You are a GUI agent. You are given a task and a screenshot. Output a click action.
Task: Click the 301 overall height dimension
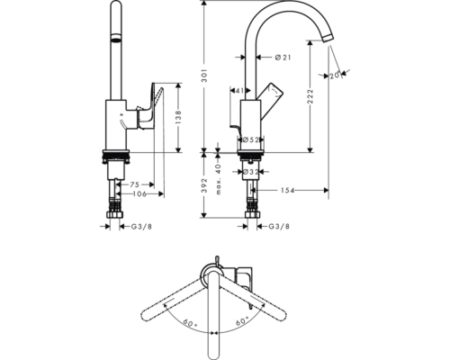[x=203, y=76]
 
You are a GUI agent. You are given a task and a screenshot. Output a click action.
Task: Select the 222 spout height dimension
[x=310, y=96]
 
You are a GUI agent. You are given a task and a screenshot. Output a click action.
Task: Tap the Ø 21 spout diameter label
[x=283, y=57]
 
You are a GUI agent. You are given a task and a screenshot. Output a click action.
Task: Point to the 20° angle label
[x=336, y=76]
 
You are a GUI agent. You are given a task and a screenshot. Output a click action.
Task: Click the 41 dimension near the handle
[x=239, y=90]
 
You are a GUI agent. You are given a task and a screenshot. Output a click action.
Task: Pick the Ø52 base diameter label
[x=250, y=139]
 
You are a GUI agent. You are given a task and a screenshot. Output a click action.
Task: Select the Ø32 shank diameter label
[x=251, y=172]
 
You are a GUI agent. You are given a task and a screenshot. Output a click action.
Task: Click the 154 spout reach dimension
[x=287, y=190]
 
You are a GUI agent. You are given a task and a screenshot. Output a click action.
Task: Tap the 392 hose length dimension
[x=203, y=185]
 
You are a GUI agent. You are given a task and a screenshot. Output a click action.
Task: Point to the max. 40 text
[x=218, y=179]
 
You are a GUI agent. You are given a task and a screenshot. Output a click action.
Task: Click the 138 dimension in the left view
[x=178, y=117]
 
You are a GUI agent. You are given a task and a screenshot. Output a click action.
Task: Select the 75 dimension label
[x=134, y=184]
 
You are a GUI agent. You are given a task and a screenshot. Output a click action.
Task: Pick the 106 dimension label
[x=139, y=194]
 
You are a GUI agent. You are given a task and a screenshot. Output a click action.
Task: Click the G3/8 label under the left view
[x=141, y=227]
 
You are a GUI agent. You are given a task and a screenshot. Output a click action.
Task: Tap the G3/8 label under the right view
[x=279, y=227]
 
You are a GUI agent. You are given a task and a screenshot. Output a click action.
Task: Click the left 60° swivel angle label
[x=191, y=323]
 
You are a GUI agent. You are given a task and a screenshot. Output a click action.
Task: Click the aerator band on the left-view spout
[x=116, y=38]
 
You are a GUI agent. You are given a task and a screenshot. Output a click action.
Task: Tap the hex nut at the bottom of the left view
[x=115, y=215]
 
